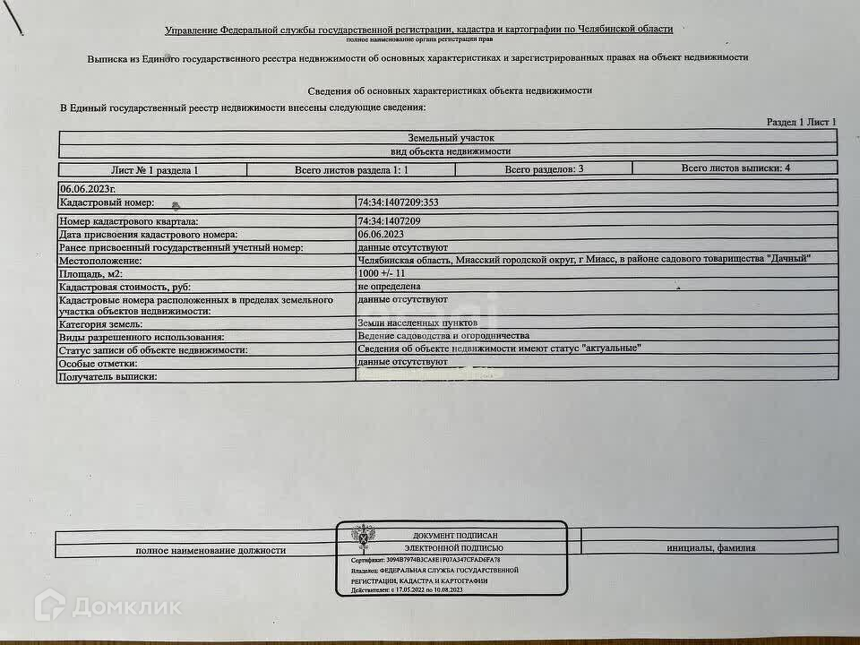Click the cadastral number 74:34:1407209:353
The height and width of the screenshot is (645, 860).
(398, 202)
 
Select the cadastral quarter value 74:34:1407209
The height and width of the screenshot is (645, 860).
(389, 220)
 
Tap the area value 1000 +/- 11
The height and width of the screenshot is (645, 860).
(382, 272)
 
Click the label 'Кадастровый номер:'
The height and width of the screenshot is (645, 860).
(107, 203)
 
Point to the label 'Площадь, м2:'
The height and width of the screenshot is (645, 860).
(90, 273)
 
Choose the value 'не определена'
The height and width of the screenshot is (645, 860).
(389, 286)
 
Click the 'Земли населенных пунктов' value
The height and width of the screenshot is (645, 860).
(417, 322)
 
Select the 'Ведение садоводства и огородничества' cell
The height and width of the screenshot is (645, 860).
(443, 335)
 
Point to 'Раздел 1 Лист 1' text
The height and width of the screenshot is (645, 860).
(801, 122)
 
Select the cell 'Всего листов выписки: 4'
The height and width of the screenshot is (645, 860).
(735, 168)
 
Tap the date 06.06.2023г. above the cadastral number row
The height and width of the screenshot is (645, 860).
(88, 190)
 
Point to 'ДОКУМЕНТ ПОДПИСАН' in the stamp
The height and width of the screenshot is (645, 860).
(450, 535)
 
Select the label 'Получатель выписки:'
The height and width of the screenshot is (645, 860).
(107, 377)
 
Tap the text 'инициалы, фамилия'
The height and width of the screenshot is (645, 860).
(710, 548)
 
